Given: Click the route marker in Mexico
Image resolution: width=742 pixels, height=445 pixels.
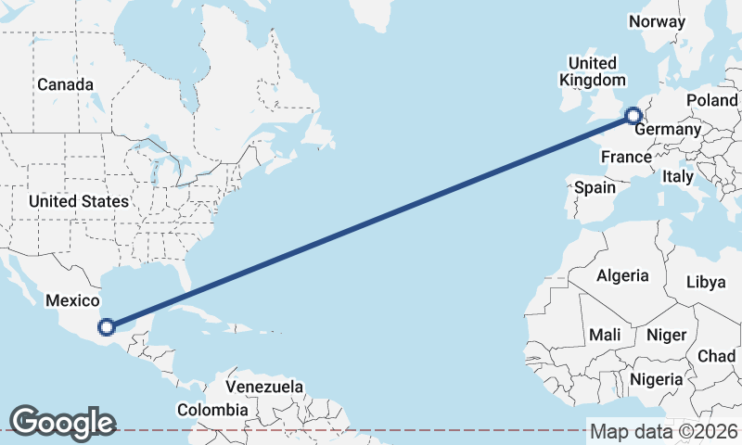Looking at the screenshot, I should pyautogui.click(x=107, y=326).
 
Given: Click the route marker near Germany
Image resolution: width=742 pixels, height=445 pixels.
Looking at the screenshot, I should pyautogui.click(x=633, y=116).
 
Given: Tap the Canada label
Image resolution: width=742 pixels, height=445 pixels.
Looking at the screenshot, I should pyautogui.click(x=65, y=84).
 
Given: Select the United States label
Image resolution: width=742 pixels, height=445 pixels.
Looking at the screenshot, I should pyautogui.click(x=78, y=201).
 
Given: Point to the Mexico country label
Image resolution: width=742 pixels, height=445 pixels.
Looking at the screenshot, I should pyautogui.click(x=72, y=300).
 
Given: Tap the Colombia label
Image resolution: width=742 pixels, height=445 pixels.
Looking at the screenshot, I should pyautogui.click(x=212, y=409).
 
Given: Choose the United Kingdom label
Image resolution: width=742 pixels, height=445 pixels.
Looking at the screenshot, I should pyautogui.click(x=591, y=71).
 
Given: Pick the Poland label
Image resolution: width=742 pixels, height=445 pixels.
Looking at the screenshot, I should pyautogui.click(x=712, y=100).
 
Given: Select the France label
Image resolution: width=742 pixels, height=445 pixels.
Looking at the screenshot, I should pyautogui.click(x=626, y=158).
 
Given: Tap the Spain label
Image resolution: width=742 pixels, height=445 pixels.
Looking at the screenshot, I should pyautogui.click(x=595, y=187).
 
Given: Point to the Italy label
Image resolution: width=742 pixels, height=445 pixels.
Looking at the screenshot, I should pyautogui.click(x=677, y=175).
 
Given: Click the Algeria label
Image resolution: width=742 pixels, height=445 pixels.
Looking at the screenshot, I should pyautogui.click(x=621, y=275).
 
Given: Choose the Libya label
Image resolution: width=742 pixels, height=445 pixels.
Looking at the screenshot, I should pyautogui.click(x=707, y=283).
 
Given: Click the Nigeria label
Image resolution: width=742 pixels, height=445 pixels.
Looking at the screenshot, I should pyautogui.click(x=656, y=379).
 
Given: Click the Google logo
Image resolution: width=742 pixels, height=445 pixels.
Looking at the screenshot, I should pyautogui.click(x=62, y=423).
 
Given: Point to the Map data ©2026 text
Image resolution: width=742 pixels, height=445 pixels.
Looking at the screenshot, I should pyautogui.click(x=664, y=431).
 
